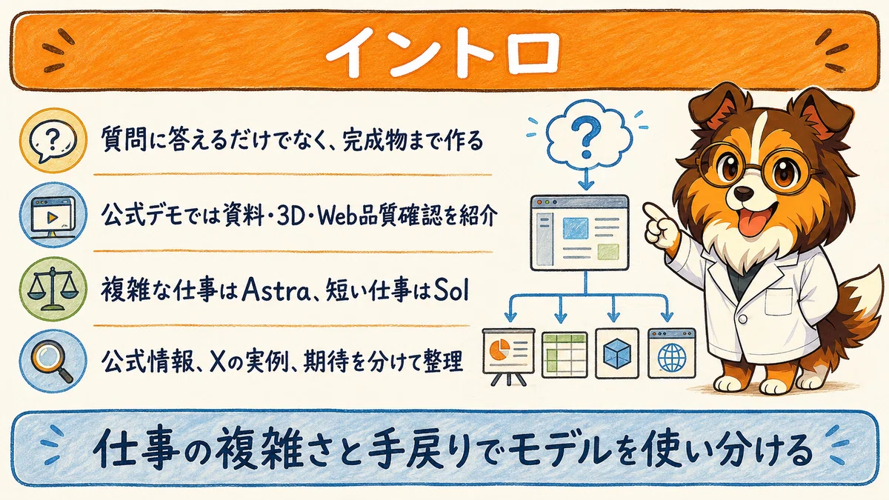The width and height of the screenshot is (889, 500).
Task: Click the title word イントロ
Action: click(x=443, y=53)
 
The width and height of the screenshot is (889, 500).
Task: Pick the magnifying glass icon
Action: click(x=53, y=361)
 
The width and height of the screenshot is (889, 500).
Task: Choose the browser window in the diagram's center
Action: click(x=580, y=233)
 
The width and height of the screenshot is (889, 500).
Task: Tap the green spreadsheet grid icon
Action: click(x=565, y=355)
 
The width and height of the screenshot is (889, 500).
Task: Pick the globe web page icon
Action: click(x=671, y=353)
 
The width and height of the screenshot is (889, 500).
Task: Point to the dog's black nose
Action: click(x=743, y=193)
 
